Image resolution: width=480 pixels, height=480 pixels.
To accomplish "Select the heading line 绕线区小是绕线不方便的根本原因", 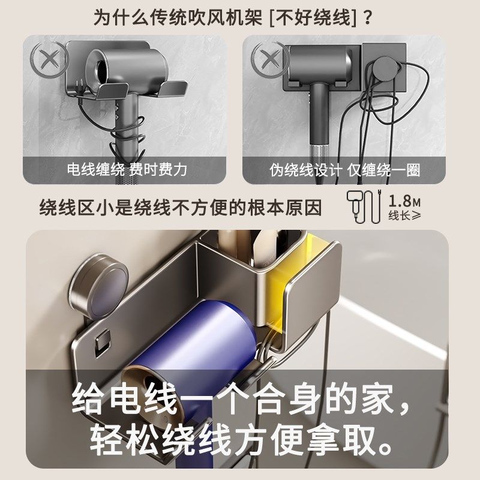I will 181,208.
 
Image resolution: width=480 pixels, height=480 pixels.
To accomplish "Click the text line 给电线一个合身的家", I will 240,398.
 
